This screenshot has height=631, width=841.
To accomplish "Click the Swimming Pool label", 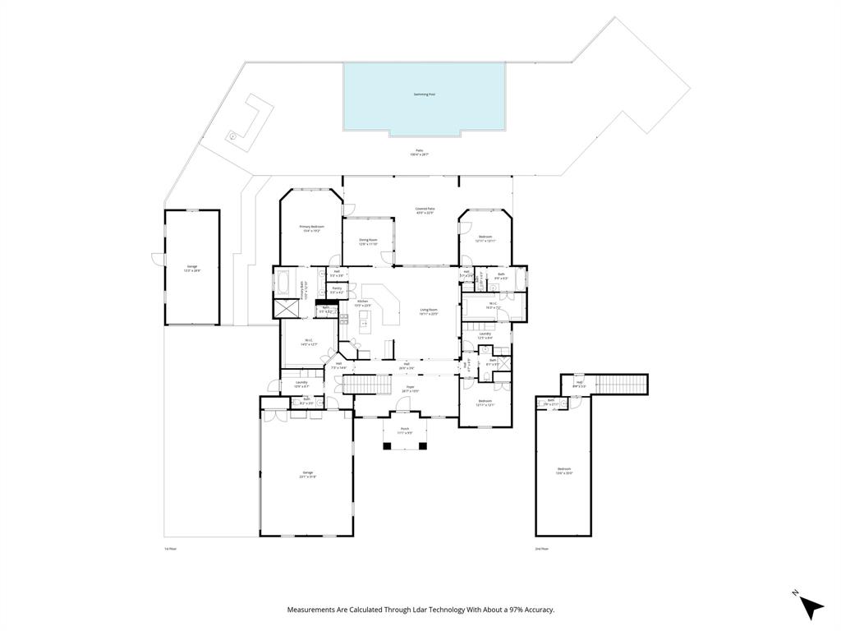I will coord(424,94).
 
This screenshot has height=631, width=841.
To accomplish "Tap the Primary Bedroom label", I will coord(311,228).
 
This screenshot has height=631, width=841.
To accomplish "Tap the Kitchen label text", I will coord(362,303).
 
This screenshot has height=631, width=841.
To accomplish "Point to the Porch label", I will coord(405,431).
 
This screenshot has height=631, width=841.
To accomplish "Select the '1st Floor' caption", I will coord(170,548).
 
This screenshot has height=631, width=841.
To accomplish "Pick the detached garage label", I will coord(192,268).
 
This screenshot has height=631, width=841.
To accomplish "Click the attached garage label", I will coord(308,474).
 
